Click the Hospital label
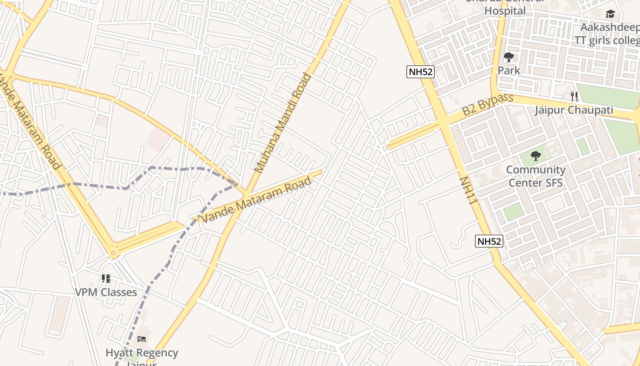[505, 10]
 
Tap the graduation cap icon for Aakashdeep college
[610, 14]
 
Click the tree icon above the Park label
[508, 58]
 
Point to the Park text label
[509, 70]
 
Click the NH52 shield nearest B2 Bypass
[420, 71]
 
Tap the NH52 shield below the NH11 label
[489, 241]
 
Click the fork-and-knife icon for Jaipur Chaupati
[574, 97]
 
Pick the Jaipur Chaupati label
[574, 110]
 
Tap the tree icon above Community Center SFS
[535, 156]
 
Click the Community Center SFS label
[535, 176]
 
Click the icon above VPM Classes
[106, 279]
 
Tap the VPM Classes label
[106, 292]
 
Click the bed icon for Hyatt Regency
[142, 339]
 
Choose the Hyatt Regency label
[142, 353]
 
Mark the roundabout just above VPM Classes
[113, 252]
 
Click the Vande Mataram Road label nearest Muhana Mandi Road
[256, 200]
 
